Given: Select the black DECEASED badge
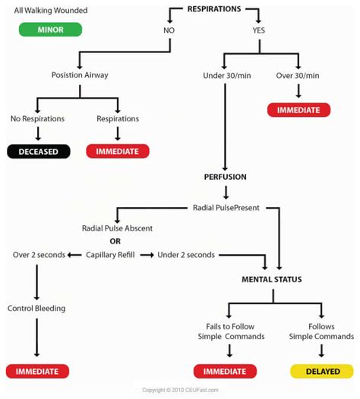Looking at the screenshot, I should (x=38, y=151).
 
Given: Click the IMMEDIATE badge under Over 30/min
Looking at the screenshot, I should (x=298, y=109).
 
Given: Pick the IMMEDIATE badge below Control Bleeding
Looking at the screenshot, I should (x=37, y=372).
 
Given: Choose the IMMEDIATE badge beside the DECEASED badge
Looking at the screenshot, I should (x=117, y=151).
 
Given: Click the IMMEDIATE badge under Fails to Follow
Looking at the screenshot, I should (x=225, y=372).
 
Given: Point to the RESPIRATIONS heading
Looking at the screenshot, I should (x=214, y=9).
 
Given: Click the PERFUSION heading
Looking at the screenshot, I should (x=225, y=177).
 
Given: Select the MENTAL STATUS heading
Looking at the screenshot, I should (x=271, y=279).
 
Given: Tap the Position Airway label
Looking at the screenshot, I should (x=78, y=75).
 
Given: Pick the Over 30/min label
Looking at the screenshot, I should (x=298, y=75).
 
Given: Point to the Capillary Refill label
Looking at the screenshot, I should (x=110, y=255).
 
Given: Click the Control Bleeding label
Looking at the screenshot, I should (x=36, y=308).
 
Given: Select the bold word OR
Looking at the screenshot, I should (x=115, y=241).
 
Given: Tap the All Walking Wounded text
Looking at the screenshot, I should (x=51, y=11).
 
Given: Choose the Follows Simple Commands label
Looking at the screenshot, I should (x=321, y=331).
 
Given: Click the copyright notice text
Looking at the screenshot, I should (x=180, y=391).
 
